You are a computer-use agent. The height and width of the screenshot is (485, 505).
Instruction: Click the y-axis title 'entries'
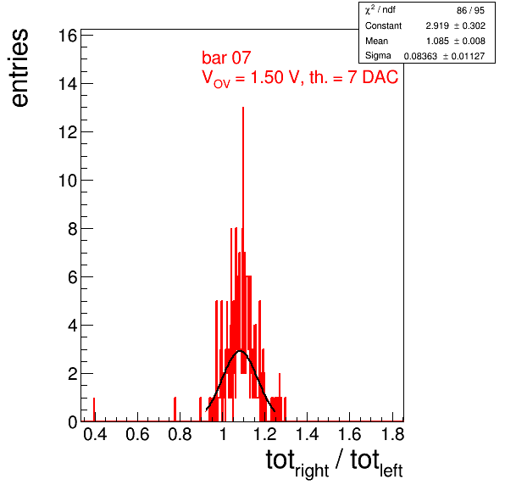[20, 68]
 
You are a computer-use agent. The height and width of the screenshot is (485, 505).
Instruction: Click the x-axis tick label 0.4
[95, 434]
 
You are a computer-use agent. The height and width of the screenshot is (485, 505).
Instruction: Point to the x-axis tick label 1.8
[392, 434]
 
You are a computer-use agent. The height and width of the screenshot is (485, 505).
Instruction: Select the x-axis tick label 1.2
[265, 434]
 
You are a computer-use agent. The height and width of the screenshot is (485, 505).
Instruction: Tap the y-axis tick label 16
[68, 36]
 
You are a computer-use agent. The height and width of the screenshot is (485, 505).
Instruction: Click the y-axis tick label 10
[68, 181]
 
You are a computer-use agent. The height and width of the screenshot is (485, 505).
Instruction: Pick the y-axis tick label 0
[73, 422]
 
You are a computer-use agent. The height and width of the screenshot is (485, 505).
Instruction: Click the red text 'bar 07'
[226, 58]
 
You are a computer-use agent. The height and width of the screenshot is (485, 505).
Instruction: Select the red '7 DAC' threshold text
[373, 77]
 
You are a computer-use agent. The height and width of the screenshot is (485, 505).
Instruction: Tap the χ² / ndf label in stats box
[380, 10]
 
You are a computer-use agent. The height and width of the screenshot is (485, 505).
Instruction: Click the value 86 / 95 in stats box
[470, 11]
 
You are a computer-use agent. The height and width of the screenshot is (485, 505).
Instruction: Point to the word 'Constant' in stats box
[383, 25]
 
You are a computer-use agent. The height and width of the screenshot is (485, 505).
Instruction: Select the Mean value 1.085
[437, 41]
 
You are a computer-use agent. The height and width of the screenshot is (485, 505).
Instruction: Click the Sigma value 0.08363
[420, 57]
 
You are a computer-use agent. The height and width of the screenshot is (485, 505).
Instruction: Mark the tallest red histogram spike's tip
[243, 108]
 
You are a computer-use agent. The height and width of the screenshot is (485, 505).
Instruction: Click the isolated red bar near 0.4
[94, 410]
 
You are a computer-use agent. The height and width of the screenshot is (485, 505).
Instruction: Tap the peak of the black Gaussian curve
[240, 351]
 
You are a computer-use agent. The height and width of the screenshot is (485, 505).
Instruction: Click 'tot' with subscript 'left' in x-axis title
[376, 463]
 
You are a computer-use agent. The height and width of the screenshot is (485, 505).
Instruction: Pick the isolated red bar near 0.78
[175, 410]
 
